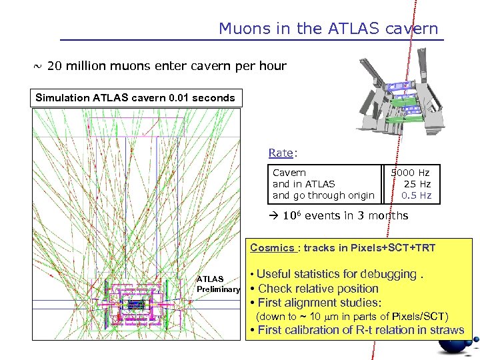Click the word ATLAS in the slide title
coord(353,29)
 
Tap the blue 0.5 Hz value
coord(417,195)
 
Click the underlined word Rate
coord(281,153)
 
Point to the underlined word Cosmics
coord(271,248)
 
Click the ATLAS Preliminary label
coord(217,284)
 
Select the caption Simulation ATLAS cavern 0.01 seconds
coord(135,98)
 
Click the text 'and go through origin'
coord(323,195)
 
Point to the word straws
coord(448,329)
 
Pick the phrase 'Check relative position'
coord(318,289)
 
